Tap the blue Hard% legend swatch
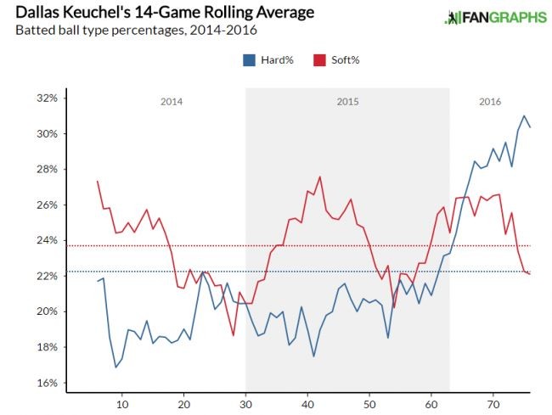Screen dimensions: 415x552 (249, 60)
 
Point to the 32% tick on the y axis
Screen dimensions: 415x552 (45, 98)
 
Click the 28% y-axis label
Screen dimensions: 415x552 (45, 170)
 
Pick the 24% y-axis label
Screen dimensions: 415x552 (45, 241)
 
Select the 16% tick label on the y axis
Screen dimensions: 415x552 (45, 383)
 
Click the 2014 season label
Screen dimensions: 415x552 (172, 102)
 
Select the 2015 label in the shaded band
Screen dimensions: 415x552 (347, 102)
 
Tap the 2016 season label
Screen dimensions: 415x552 (490, 102)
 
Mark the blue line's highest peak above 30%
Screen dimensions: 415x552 (524, 116)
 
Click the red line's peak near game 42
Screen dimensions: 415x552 (320, 177)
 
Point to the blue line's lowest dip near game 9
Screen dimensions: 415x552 (116, 367)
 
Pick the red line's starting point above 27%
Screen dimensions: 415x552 (98, 181)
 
